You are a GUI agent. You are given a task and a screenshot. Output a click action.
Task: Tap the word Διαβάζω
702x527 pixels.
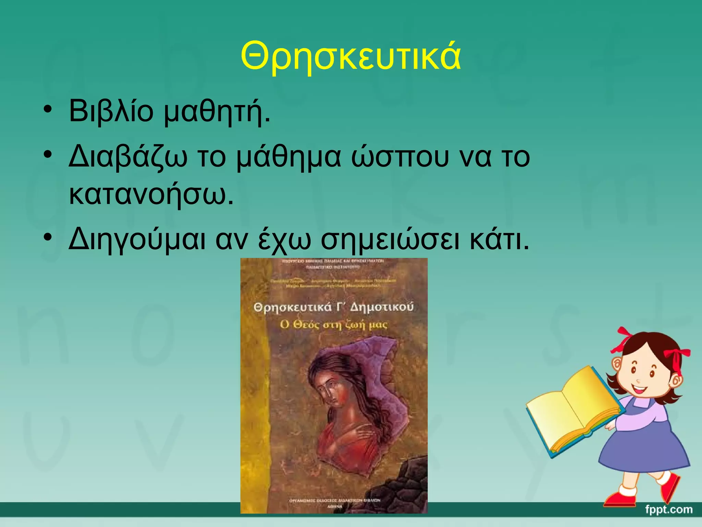(128, 157)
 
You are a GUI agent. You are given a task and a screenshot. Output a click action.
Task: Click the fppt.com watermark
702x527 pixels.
(668, 509)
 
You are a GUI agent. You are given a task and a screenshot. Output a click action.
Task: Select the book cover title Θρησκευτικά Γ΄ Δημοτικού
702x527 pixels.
(334, 307)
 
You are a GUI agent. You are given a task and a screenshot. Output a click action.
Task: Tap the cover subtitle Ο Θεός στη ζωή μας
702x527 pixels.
(334, 324)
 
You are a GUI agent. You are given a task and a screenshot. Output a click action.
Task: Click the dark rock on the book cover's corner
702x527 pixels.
(411, 480)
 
